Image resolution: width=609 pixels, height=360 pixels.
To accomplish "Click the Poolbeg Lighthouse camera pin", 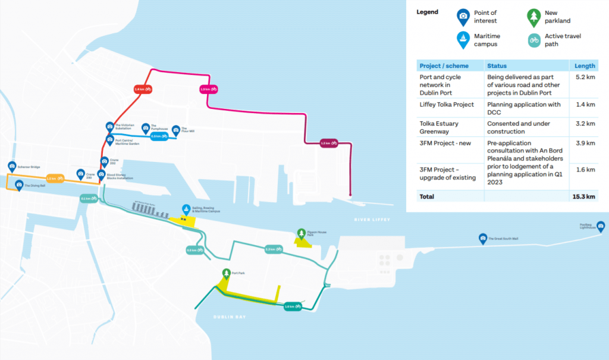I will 601,227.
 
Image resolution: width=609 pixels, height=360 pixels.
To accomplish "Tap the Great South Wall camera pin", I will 483,239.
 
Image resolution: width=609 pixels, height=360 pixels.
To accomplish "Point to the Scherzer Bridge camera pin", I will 12,167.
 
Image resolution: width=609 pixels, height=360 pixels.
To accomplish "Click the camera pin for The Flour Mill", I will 175,130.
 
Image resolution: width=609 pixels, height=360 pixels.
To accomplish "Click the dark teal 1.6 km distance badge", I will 290,306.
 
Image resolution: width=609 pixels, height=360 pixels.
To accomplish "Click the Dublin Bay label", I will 230,317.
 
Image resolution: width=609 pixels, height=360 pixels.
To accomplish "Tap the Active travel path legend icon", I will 534,40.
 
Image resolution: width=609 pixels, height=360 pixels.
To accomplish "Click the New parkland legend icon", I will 534,17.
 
